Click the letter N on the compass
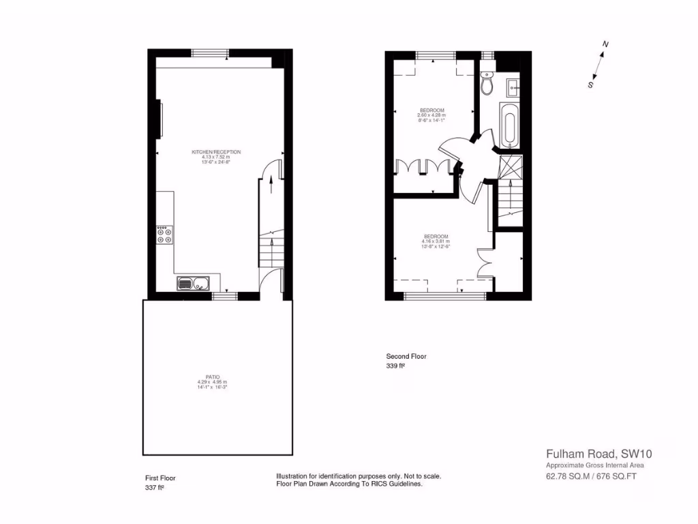(x=605, y=45)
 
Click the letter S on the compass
(x=590, y=85)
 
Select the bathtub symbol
(x=509, y=125)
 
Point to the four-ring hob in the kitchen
(x=164, y=235)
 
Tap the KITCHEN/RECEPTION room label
(x=216, y=152)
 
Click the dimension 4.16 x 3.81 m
(x=435, y=242)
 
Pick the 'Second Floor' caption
(x=406, y=356)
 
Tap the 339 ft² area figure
(x=396, y=366)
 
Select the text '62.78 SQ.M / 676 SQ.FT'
(x=591, y=477)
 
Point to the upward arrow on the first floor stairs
(x=273, y=179)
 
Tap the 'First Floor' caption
(x=160, y=478)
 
